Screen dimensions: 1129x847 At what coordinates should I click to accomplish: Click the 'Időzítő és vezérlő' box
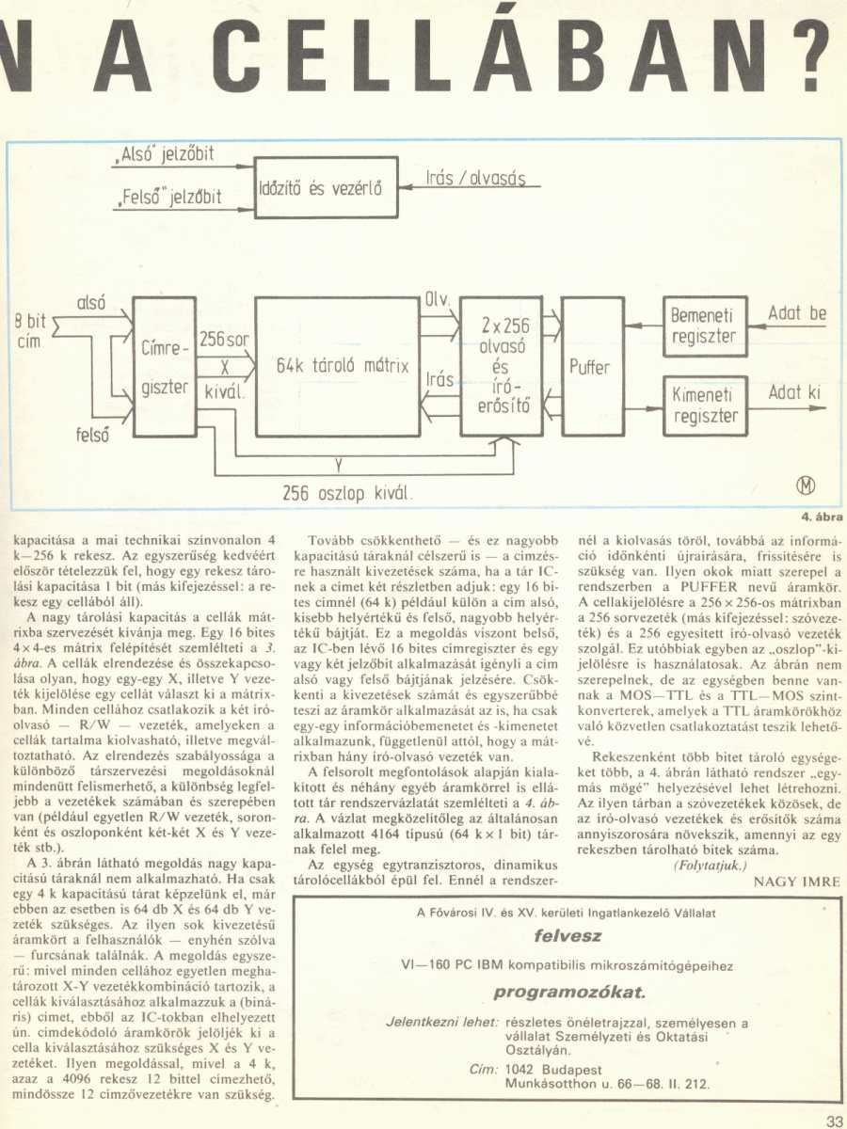[x=320, y=187]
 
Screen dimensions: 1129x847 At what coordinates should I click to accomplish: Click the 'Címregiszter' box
[x=163, y=367]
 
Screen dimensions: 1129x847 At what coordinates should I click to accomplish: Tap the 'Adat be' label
[x=797, y=312]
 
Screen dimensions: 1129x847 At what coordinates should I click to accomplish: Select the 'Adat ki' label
[x=794, y=392]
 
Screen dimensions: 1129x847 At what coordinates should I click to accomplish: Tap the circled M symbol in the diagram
[x=807, y=486]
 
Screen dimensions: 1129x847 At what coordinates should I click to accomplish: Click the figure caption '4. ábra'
[x=821, y=517]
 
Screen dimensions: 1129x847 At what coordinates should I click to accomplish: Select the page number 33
[x=834, y=1119]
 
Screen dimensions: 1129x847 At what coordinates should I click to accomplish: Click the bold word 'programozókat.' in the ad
[x=568, y=993]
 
